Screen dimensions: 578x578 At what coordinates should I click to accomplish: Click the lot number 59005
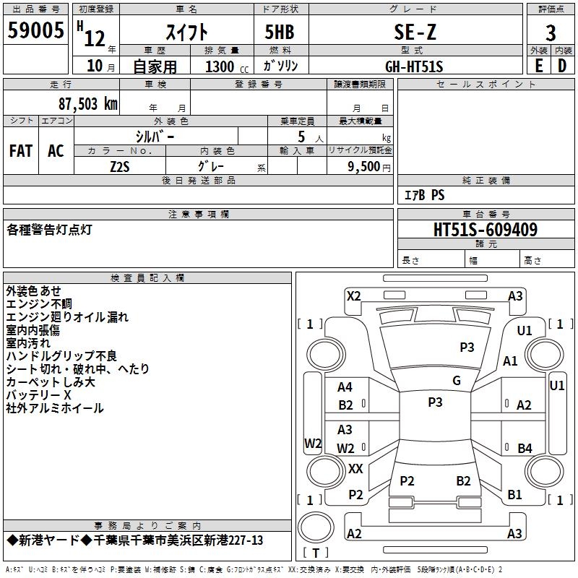tap(36, 32)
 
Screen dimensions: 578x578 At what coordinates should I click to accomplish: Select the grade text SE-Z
tap(414, 32)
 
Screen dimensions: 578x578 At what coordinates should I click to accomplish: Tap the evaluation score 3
tap(551, 33)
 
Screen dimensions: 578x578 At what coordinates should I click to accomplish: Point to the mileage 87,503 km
tap(87, 104)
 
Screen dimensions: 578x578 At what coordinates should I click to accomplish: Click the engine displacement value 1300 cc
tap(224, 67)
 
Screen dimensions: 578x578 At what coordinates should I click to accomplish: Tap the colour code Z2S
tap(120, 165)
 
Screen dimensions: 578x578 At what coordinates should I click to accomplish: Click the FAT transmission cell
tap(21, 151)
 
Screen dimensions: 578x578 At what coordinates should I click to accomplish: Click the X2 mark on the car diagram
tap(353, 295)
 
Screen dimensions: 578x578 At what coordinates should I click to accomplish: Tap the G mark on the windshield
tap(457, 381)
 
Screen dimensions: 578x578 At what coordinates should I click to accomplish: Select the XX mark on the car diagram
tap(355, 469)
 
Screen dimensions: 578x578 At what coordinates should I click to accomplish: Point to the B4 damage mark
tap(525, 448)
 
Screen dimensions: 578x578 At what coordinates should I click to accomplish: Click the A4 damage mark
tap(345, 387)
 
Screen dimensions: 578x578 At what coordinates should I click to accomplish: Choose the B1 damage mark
tap(514, 495)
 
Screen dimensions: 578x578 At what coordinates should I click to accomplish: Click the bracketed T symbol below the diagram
tap(316, 553)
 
